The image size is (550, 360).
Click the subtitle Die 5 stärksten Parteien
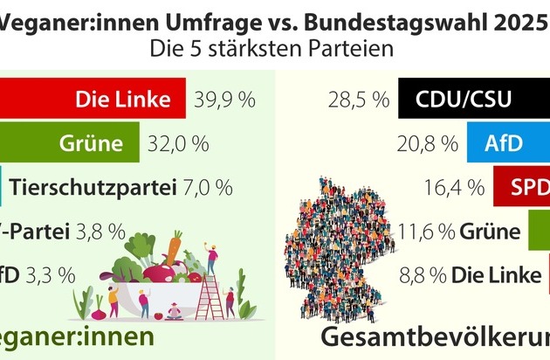[275, 49]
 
